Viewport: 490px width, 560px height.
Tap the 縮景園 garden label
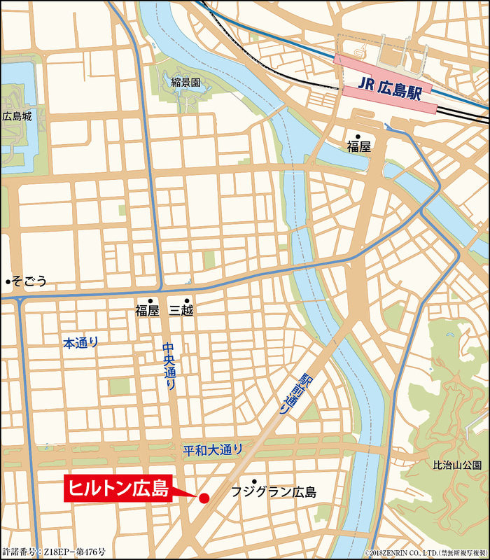click(185, 83)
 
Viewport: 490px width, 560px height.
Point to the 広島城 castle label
click(17, 117)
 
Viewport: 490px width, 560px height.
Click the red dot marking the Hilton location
click(204, 498)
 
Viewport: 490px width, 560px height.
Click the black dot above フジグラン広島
click(244, 481)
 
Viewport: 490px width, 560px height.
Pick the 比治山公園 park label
click(456, 465)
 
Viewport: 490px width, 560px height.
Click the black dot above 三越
click(187, 300)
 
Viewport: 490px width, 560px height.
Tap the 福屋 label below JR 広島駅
click(358, 147)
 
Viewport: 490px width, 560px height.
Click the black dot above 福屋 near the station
click(358, 136)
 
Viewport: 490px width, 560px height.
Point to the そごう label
click(29, 281)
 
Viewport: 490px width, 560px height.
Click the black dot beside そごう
click(7, 281)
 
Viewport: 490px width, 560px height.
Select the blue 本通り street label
click(81, 343)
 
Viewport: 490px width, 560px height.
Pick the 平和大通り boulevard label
click(213, 449)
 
